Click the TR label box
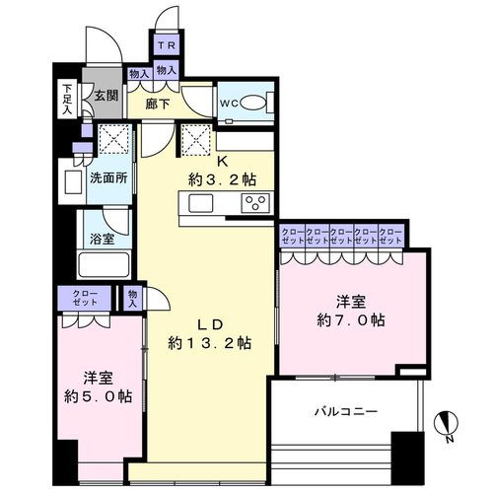167,45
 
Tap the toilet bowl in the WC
252,103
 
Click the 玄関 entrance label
106,96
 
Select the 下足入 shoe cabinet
67,99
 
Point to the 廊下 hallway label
158,105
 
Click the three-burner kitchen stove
255,202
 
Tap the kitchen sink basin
200,203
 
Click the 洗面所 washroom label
108,178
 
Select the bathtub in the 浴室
104,264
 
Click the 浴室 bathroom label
103,239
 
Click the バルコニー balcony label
346,411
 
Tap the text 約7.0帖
351,319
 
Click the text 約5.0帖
99,396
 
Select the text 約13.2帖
210,343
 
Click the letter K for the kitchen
223,162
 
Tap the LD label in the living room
210,324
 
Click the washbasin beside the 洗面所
74,181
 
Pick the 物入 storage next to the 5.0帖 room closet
132,298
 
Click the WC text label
229,104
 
